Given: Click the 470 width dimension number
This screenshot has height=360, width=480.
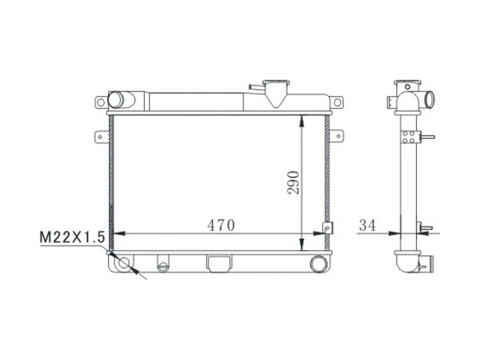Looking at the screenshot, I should click(221, 225).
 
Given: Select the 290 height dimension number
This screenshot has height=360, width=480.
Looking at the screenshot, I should click(293, 182).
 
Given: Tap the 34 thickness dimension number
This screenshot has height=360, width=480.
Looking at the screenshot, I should click(367, 225).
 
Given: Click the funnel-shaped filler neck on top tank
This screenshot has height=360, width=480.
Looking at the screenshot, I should click(277, 92).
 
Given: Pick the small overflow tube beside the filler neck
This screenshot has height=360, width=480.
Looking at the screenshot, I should click(256, 87).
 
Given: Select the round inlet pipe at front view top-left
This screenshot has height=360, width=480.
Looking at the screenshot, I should click(116, 100).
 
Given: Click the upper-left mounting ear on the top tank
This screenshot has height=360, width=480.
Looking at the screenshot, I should click(100, 102).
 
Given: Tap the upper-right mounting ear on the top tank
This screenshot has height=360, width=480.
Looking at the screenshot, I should click(337, 102).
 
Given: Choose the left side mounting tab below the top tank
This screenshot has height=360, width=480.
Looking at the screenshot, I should click(101, 136).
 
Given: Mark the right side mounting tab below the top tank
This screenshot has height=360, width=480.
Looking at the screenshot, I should click(336, 136).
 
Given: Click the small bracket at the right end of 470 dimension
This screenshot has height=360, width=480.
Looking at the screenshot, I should click(328, 228).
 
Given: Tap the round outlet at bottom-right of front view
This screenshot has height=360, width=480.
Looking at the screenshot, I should click(318, 263).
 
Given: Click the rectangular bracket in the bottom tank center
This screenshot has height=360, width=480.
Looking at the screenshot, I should click(219, 263).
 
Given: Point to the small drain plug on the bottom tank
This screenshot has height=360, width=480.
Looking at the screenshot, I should click(163, 266).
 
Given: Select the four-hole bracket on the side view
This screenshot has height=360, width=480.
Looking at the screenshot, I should click(409, 137).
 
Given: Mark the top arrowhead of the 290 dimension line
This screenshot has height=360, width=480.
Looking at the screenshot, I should click(302, 120).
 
